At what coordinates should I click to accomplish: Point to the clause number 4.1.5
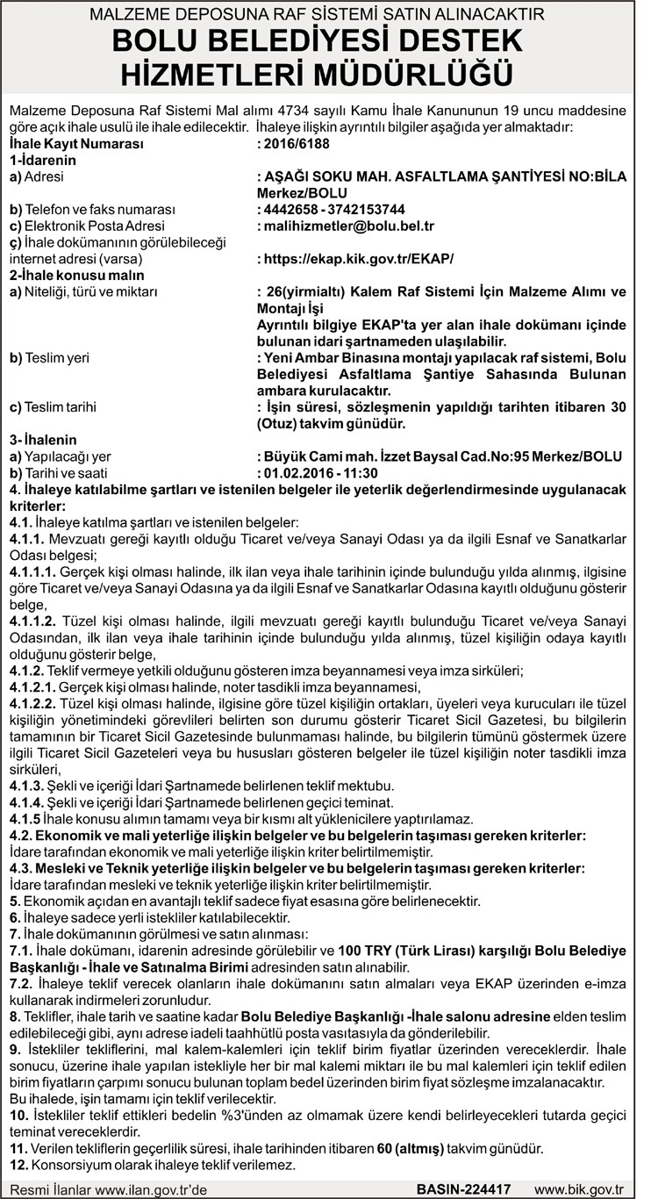point(24,818)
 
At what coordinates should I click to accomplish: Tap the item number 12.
point(16,1165)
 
